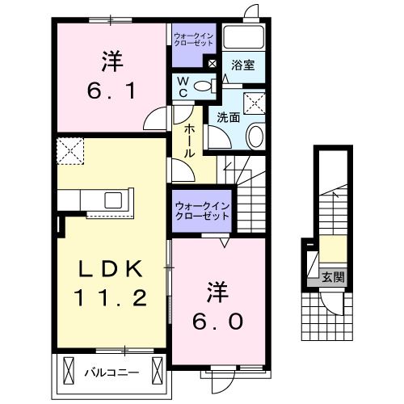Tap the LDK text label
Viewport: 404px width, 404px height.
tap(112, 268)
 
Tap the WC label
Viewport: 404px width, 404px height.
tap(182, 86)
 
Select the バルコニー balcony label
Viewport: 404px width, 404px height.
tap(112, 372)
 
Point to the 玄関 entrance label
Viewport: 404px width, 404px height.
tap(333, 277)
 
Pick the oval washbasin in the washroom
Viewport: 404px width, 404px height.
tap(255, 136)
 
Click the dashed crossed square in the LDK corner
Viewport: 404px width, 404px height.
tap(69, 149)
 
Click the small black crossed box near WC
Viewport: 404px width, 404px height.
tap(212, 64)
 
